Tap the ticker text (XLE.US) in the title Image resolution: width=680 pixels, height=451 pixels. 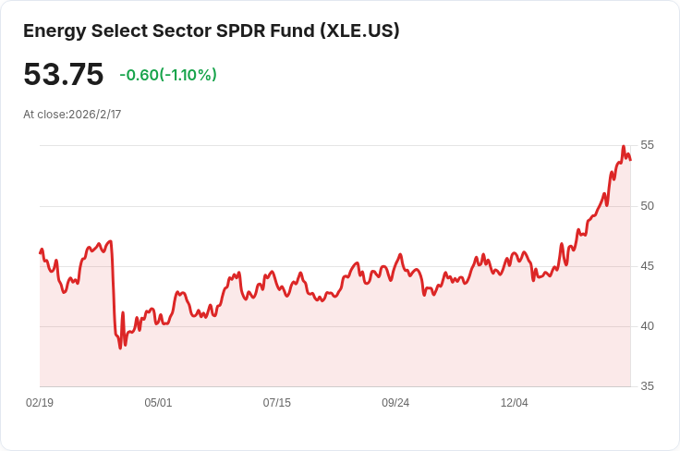360,31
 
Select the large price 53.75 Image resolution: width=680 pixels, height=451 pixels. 64,74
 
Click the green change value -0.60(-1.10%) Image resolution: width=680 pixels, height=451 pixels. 168,75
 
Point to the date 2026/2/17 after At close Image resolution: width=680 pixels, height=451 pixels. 95,115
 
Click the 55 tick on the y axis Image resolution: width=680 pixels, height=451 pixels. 647,145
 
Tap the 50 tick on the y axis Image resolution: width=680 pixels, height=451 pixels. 647,206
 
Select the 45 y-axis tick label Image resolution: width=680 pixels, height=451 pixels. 647,266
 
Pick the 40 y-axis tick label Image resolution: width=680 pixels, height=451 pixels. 647,326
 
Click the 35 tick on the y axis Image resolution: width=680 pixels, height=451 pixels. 647,386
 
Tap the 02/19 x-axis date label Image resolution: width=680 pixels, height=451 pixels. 40,403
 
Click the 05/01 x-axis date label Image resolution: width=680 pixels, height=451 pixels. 158,403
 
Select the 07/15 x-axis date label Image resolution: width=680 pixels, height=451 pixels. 276,403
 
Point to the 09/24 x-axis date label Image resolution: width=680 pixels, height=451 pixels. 395,403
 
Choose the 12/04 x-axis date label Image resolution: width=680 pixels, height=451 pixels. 515,403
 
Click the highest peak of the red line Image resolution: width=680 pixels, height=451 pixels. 624,147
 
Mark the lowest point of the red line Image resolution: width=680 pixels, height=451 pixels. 120,348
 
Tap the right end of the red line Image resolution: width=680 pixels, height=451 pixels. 630,160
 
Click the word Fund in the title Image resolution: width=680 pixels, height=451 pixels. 292,31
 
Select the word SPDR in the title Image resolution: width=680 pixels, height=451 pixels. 241,31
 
